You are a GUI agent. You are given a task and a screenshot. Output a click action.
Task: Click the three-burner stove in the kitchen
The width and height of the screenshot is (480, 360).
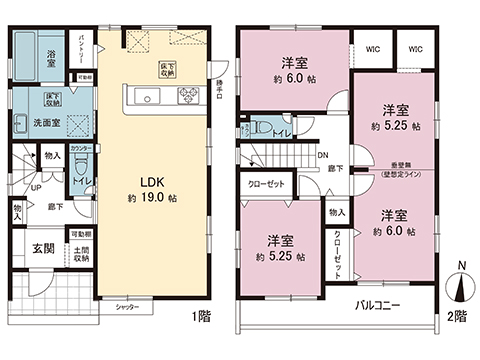(186, 97)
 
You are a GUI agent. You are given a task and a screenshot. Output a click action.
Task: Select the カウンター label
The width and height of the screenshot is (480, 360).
(83, 148)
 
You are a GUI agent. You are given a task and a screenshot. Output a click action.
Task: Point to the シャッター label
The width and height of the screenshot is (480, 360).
(126, 308)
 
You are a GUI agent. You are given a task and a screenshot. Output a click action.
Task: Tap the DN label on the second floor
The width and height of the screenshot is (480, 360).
(321, 155)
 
